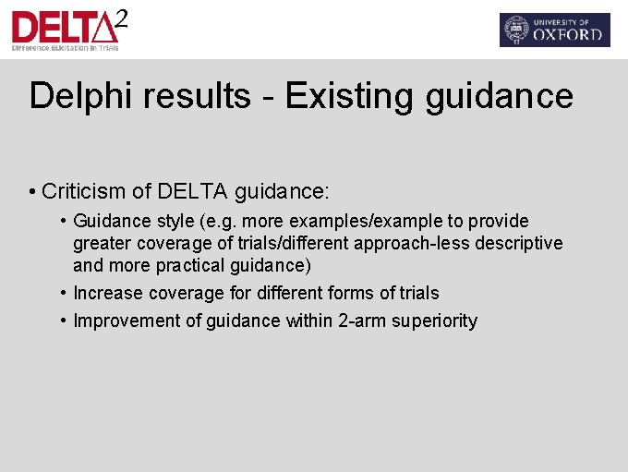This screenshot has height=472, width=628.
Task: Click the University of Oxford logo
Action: pyautogui.click(x=554, y=30)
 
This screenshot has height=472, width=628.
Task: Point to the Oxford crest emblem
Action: pyautogui.click(x=516, y=30)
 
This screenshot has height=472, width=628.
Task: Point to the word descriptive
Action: pyautogui.click(x=520, y=243)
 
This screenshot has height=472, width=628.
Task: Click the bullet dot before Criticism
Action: pyautogui.click(x=32, y=192)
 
